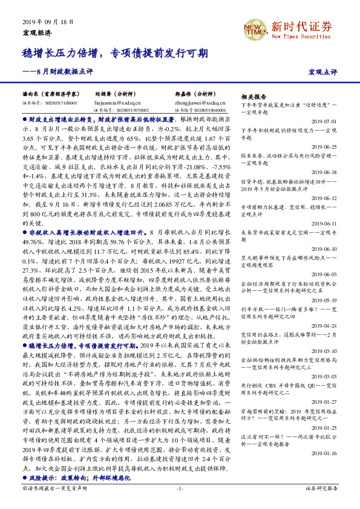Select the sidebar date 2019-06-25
(x=326, y=147)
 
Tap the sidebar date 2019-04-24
(x=326, y=325)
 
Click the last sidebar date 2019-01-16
(x=326, y=452)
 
